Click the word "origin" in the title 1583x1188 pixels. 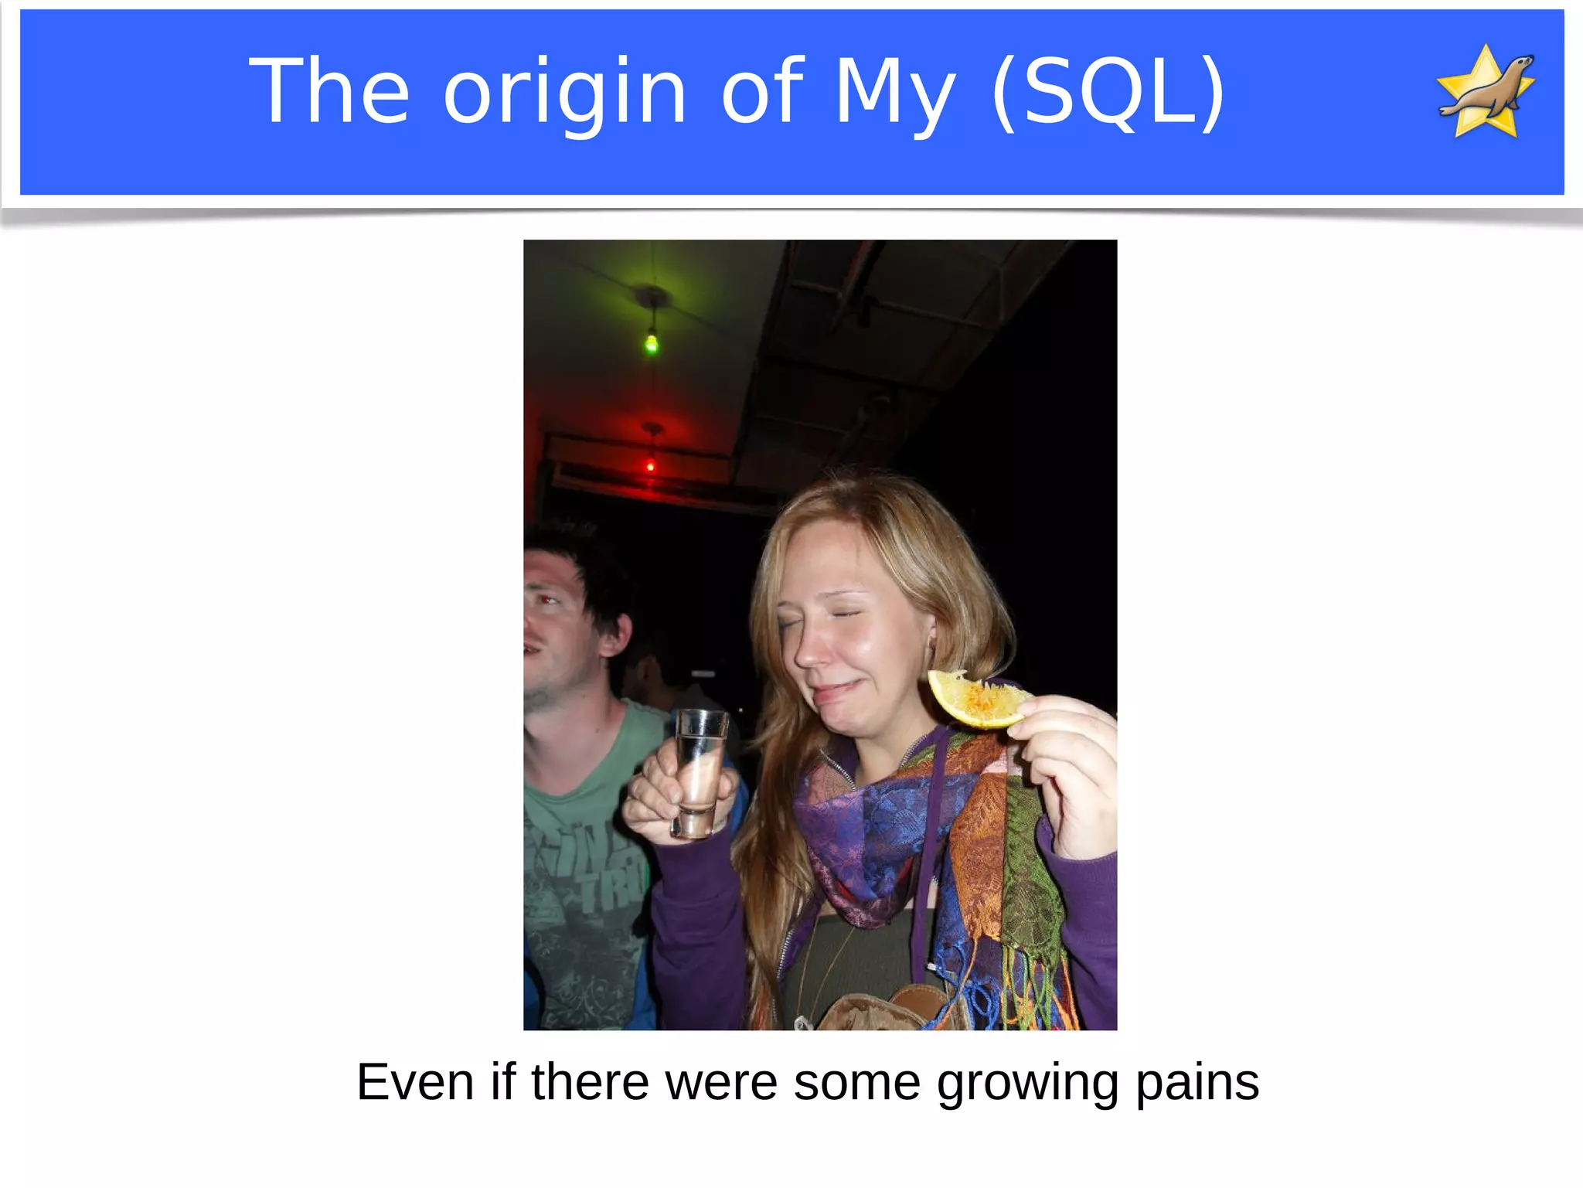point(564,93)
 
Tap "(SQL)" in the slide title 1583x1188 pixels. point(1108,93)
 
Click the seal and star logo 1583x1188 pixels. point(1486,91)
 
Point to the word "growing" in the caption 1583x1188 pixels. point(1027,1084)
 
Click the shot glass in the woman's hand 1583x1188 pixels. point(699,773)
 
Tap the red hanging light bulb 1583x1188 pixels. point(651,465)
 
